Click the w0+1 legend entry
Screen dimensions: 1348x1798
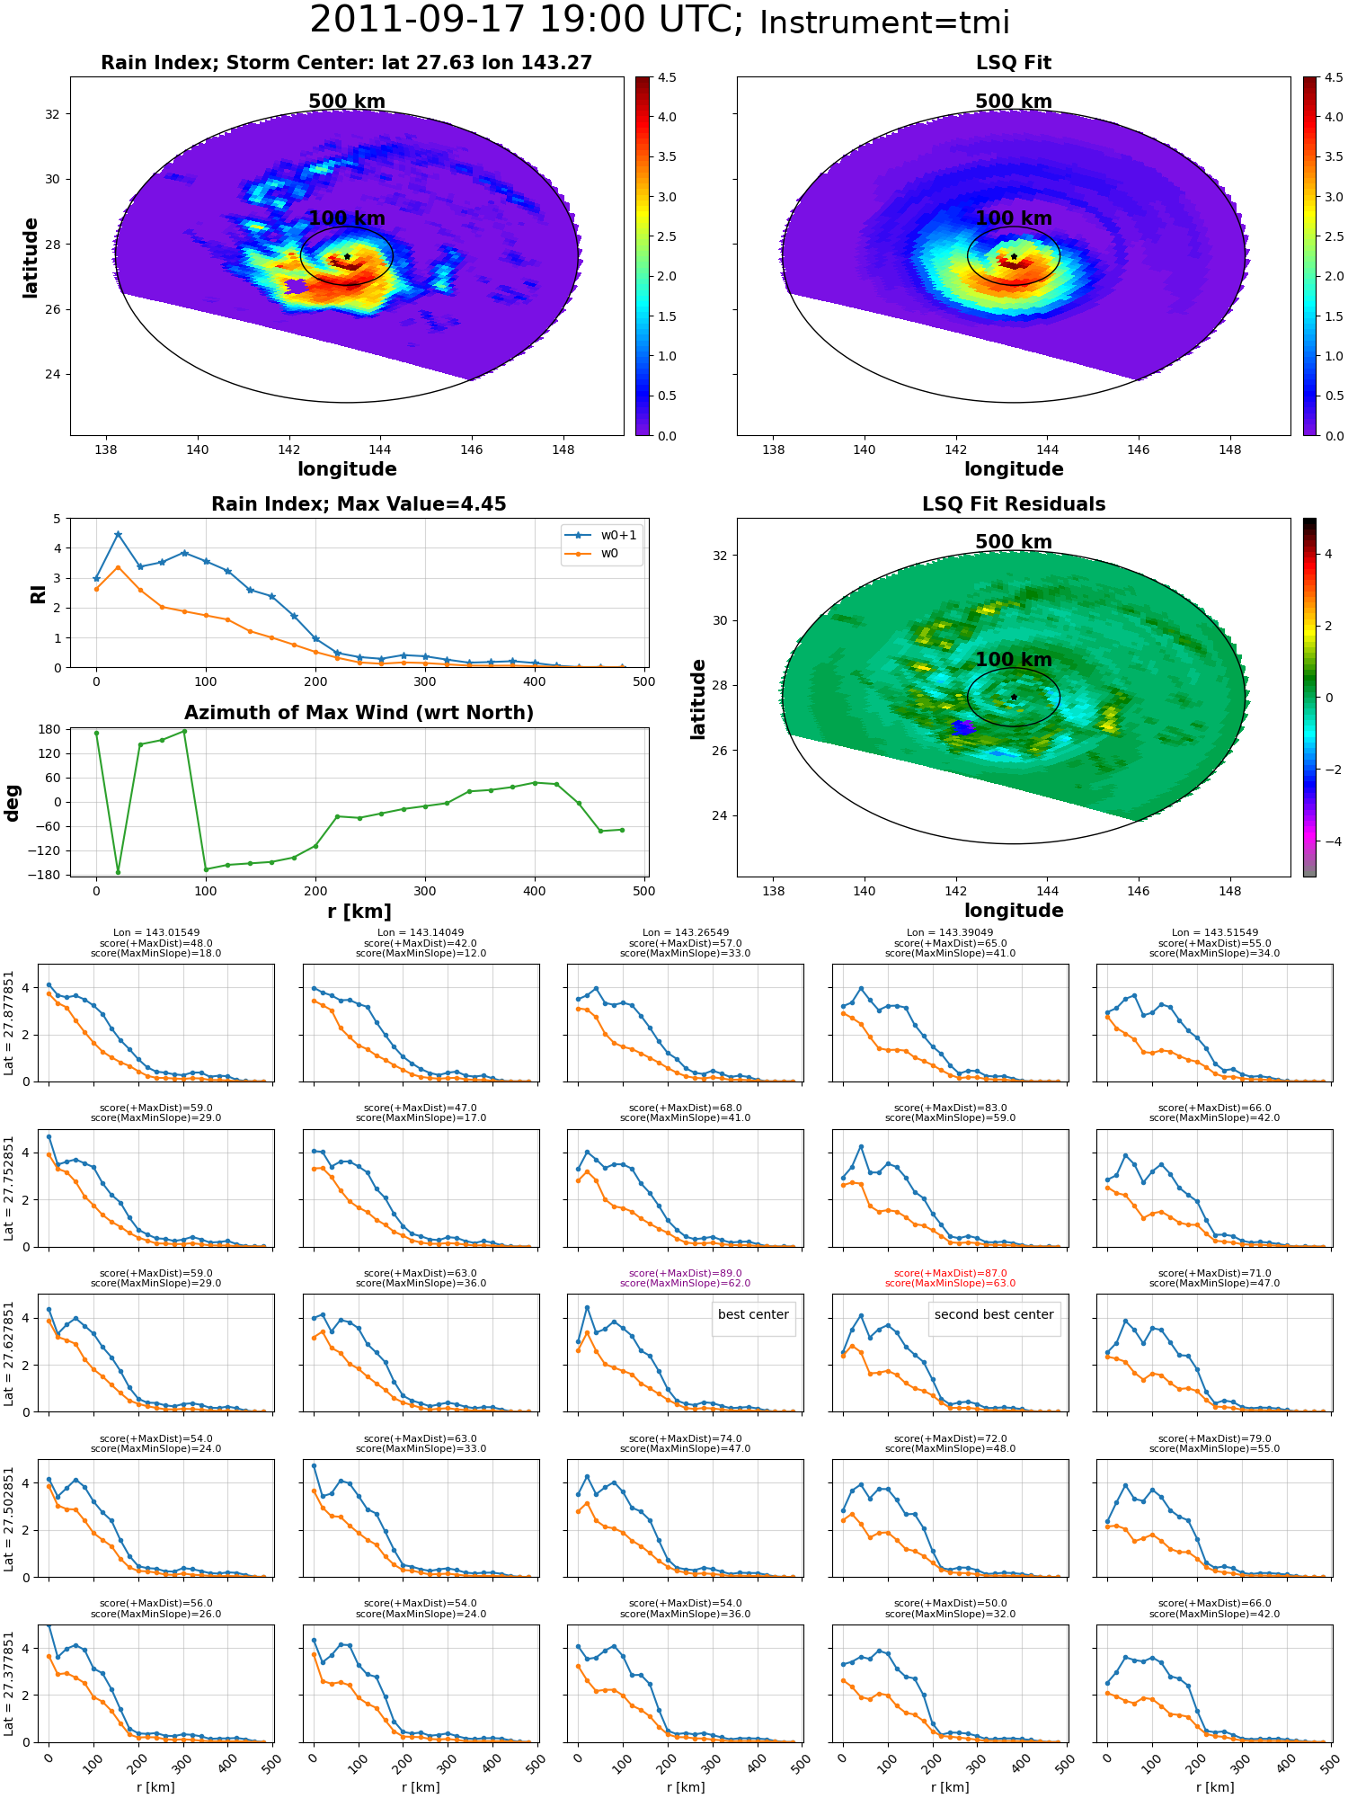pos(601,535)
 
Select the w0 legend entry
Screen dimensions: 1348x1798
pos(593,553)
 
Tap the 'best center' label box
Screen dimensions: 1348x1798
pos(753,1314)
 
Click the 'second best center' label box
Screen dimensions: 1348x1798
pos(994,1314)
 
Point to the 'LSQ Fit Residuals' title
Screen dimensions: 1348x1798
pos(1014,504)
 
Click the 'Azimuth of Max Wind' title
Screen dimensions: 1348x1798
pos(359,713)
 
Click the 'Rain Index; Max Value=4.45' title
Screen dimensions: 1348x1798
pos(359,504)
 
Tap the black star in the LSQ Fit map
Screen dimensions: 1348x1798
pos(1014,256)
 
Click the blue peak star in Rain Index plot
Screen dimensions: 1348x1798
pos(118,534)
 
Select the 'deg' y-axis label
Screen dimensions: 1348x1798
pos(13,803)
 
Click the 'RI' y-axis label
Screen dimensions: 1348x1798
pos(38,593)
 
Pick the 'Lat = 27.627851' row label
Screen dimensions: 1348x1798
pos(9,1352)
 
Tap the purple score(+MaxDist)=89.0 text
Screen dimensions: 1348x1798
pos(685,1273)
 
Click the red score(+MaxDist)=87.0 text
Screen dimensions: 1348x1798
pos(950,1273)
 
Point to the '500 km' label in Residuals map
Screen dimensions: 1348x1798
pos(1014,542)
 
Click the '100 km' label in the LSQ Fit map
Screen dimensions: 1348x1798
pos(1014,218)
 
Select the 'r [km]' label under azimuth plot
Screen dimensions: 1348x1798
pos(359,912)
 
